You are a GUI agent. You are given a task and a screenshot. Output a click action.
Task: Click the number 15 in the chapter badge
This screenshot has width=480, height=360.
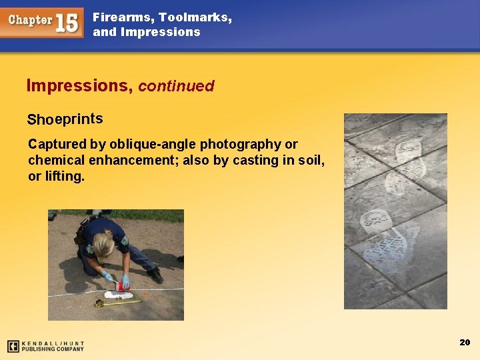[67, 22]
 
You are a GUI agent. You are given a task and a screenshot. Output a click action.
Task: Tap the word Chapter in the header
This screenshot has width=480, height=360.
[31, 20]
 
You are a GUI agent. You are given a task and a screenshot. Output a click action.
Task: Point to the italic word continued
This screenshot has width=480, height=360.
[176, 86]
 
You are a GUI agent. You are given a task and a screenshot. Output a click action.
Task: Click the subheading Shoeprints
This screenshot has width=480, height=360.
[65, 119]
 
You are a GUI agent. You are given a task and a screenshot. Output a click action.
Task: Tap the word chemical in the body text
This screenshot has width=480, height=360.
[57, 160]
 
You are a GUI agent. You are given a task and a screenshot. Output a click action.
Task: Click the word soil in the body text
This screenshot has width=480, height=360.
[309, 160]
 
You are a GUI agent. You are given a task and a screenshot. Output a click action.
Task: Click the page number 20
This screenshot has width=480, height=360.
[465, 342]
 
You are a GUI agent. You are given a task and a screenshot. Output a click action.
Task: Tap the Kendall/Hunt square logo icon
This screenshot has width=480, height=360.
[13, 346]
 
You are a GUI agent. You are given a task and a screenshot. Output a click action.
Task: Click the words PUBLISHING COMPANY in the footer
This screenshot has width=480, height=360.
[53, 349]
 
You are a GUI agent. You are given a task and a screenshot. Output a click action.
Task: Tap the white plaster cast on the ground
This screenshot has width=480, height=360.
[120, 294]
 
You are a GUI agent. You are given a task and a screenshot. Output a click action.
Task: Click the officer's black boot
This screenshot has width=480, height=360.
[155, 275]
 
